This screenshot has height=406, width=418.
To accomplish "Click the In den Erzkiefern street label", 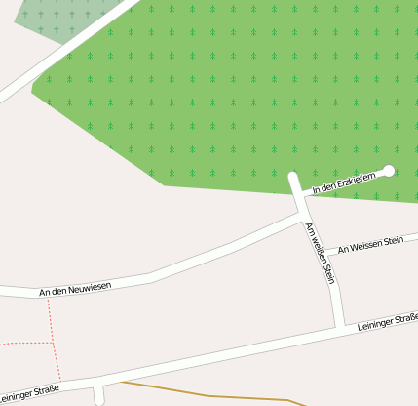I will coord(343,181).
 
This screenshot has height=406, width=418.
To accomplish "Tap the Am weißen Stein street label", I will coord(321,253).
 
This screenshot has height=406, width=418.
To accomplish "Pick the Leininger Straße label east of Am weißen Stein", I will coord(388,321).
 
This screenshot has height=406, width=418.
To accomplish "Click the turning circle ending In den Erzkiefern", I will coord(389,171).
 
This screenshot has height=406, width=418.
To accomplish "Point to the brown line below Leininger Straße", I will coord(214,394).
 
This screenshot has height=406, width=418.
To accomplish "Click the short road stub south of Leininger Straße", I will coord(98,394).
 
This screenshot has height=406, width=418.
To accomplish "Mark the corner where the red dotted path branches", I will coord(53,343).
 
